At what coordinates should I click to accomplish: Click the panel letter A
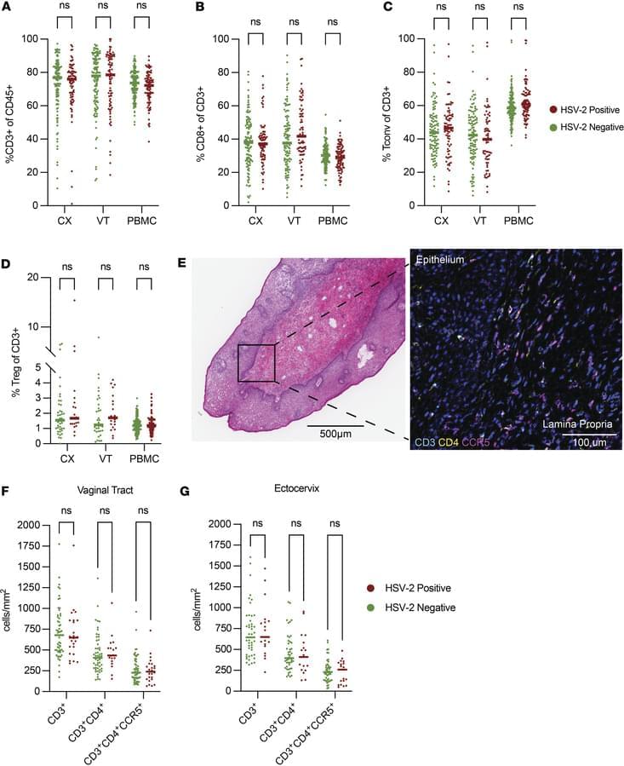pyautogui.click(x=8, y=8)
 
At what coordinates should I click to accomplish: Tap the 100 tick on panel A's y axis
pyautogui.click(x=31, y=39)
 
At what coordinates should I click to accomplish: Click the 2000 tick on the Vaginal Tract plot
pyautogui.click(x=31, y=525)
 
